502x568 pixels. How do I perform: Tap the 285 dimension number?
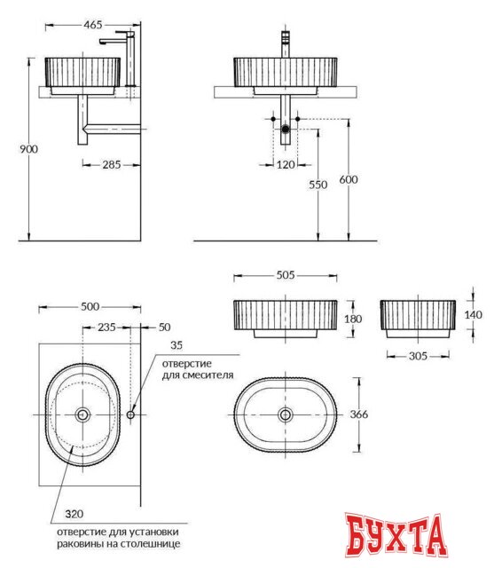coord(111,164)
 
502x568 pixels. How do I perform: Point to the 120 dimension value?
coord(284,164)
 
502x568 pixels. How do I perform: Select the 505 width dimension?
coord(286,275)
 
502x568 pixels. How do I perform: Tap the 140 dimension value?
coord(475,314)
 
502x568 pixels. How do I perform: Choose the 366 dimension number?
coord(358,414)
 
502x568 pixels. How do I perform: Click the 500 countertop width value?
coord(90,306)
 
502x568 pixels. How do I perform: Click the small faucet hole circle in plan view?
coord(130,414)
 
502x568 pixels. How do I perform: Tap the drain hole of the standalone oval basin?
coord(286,414)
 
